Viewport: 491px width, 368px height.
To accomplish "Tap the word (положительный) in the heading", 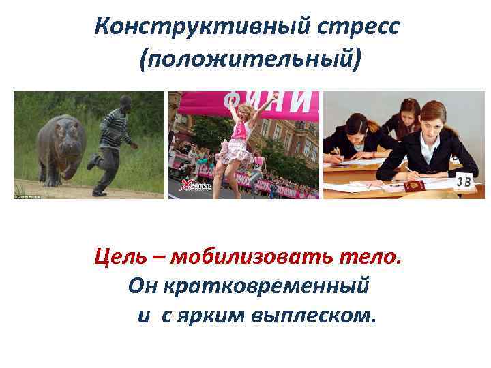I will click(249, 61).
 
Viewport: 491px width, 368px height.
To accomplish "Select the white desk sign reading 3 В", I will click(464, 181).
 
